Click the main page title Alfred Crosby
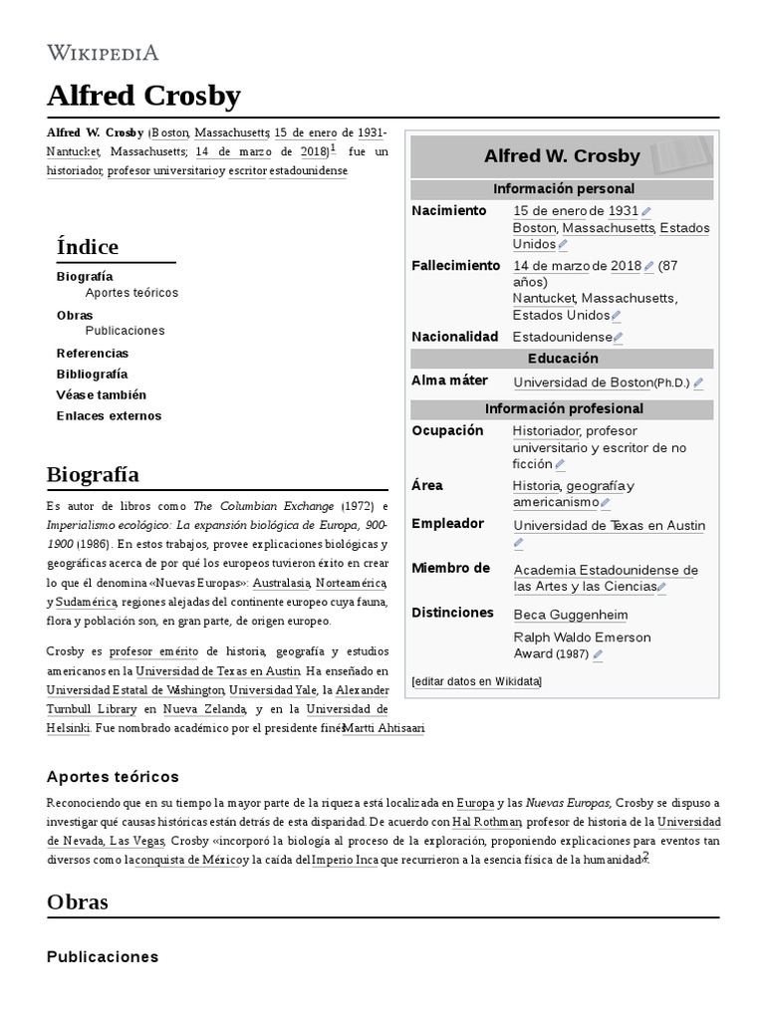(143, 96)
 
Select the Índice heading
(88, 246)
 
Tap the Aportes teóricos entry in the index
(131, 293)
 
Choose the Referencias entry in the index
(93, 353)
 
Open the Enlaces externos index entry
(109, 415)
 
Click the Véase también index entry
(102, 394)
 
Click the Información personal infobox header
(563, 189)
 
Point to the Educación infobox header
(563, 359)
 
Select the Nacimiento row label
(449, 211)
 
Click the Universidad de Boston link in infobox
(583, 382)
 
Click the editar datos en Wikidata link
(477, 681)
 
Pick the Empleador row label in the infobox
(447, 524)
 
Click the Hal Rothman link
(486, 822)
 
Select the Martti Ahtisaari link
(383, 728)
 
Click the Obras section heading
(78, 901)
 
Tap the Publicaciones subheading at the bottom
(103, 956)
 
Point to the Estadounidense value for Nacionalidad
(562, 338)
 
